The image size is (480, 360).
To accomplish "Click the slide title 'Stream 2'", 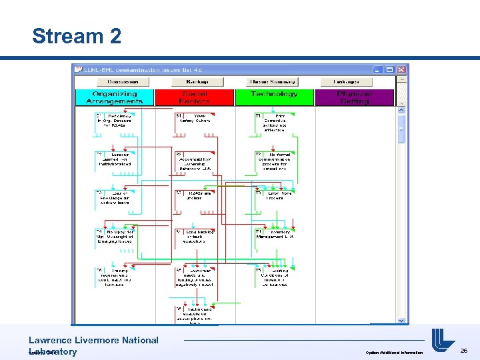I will coord(77,36).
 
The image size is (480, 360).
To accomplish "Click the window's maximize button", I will coord(390,69).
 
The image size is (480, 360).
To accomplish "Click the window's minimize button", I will coord(379,69).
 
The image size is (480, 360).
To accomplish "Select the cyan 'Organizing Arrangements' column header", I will coord(114,97).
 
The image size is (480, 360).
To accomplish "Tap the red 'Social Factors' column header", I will coord(194,97).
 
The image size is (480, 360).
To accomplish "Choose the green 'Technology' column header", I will coord(274,97).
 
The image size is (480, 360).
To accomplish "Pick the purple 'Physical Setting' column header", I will coord(354,97).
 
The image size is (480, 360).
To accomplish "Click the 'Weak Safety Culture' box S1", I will coord(194,118).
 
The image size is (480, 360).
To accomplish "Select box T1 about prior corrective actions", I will coord(273,121).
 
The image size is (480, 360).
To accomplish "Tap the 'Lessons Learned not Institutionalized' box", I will coord(114,159).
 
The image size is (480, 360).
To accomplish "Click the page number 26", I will coord(464,349).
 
